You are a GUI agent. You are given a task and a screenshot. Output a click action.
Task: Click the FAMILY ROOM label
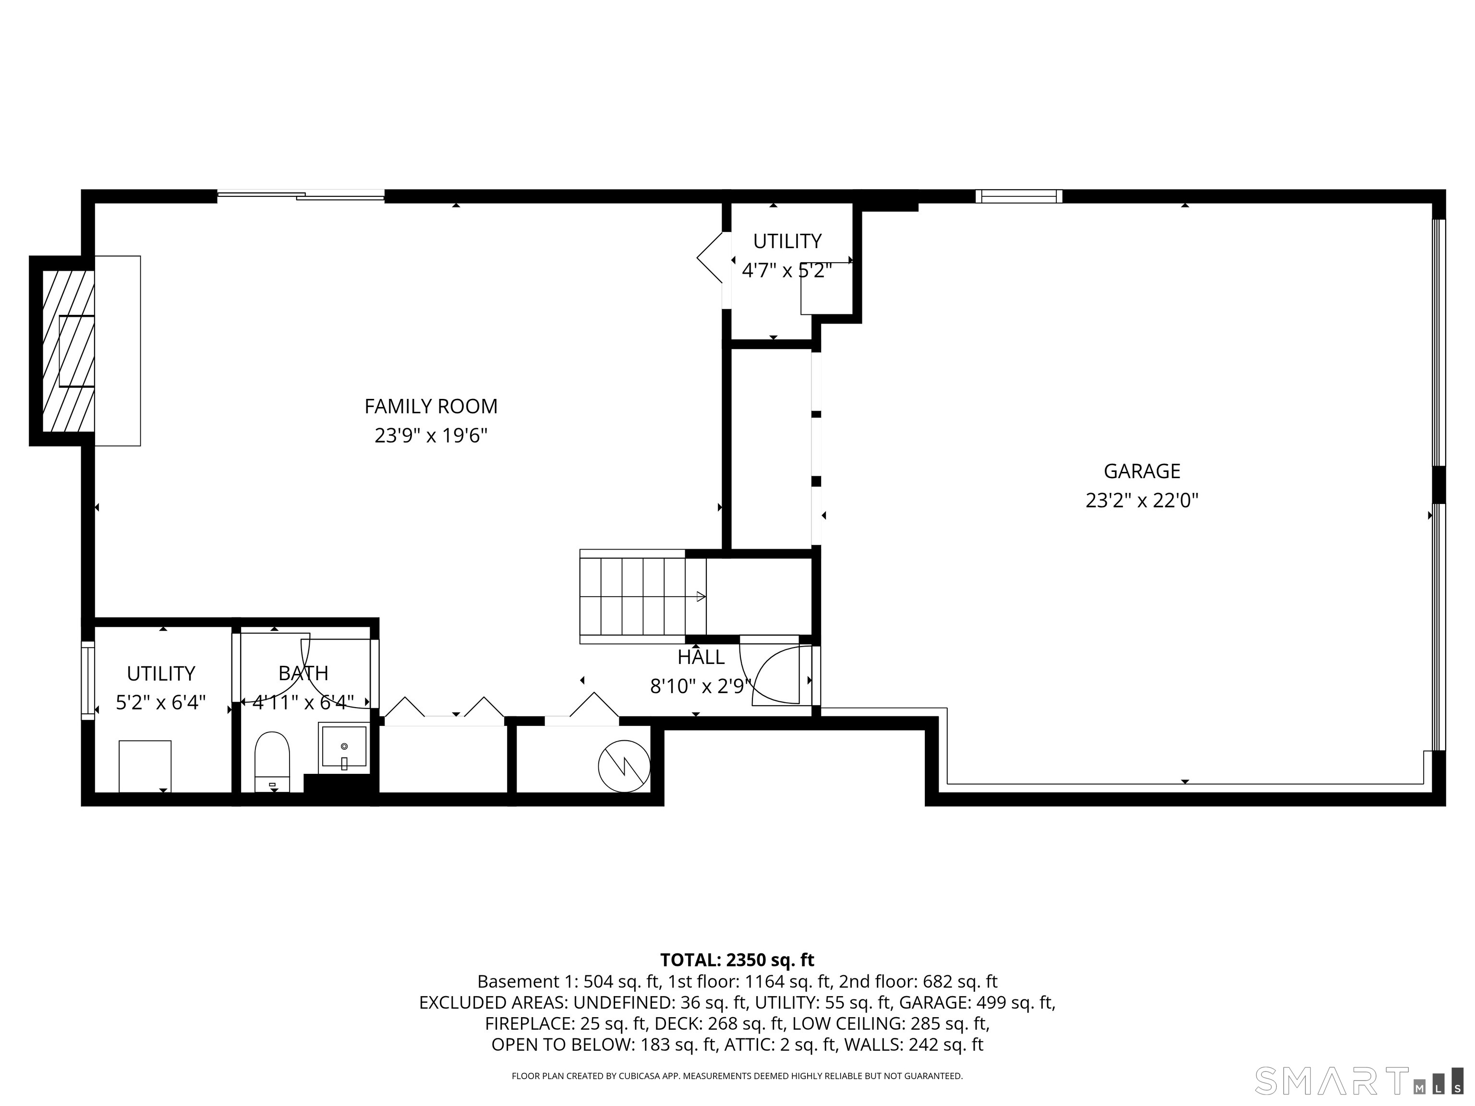pyautogui.click(x=431, y=406)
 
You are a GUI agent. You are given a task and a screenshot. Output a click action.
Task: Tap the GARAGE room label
pyautogui.click(x=1142, y=471)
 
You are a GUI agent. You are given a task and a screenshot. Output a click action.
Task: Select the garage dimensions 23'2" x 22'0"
pyautogui.click(x=1142, y=501)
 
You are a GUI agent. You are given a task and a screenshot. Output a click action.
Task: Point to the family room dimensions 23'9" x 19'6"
pyautogui.click(x=431, y=436)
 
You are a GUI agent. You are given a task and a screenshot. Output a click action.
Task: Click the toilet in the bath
pyautogui.click(x=272, y=762)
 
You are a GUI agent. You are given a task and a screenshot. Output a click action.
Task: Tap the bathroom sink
pyautogui.click(x=344, y=748)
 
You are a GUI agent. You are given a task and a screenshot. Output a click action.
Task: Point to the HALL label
pyautogui.click(x=701, y=657)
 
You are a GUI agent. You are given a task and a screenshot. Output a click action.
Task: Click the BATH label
pyautogui.click(x=303, y=673)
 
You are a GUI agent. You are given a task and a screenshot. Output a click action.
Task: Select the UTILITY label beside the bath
pyautogui.click(x=161, y=673)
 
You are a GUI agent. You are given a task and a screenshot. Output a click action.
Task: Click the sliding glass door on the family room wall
pyautogui.click(x=301, y=196)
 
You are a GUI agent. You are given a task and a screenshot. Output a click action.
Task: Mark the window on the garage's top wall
pyautogui.click(x=1018, y=196)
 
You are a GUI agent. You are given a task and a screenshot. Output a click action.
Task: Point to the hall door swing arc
pyautogui.click(x=774, y=673)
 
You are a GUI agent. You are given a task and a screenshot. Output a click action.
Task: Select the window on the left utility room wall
pyautogui.click(x=88, y=680)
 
